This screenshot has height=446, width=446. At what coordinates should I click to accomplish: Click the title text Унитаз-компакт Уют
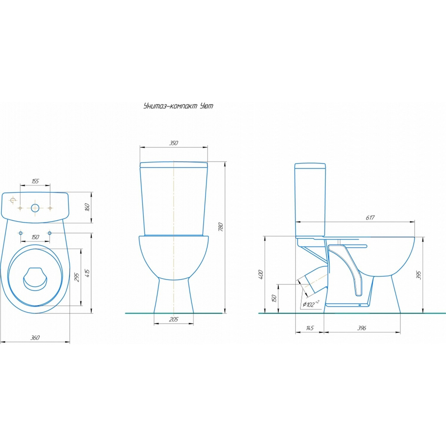click(178, 106)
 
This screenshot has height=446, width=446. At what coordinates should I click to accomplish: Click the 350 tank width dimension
click(173, 143)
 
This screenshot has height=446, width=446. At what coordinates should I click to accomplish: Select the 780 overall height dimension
click(221, 227)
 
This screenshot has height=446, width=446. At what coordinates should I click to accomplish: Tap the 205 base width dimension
click(173, 319)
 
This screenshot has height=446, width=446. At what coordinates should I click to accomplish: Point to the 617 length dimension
click(370, 218)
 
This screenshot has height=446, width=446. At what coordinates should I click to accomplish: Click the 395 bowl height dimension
click(418, 275)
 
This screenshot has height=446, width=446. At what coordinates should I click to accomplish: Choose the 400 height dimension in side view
click(260, 274)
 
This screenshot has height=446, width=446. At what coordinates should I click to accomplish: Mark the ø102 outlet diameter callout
click(310, 304)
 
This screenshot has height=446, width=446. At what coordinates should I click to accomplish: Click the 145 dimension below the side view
click(310, 328)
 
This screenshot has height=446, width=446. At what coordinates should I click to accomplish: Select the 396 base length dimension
click(362, 328)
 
